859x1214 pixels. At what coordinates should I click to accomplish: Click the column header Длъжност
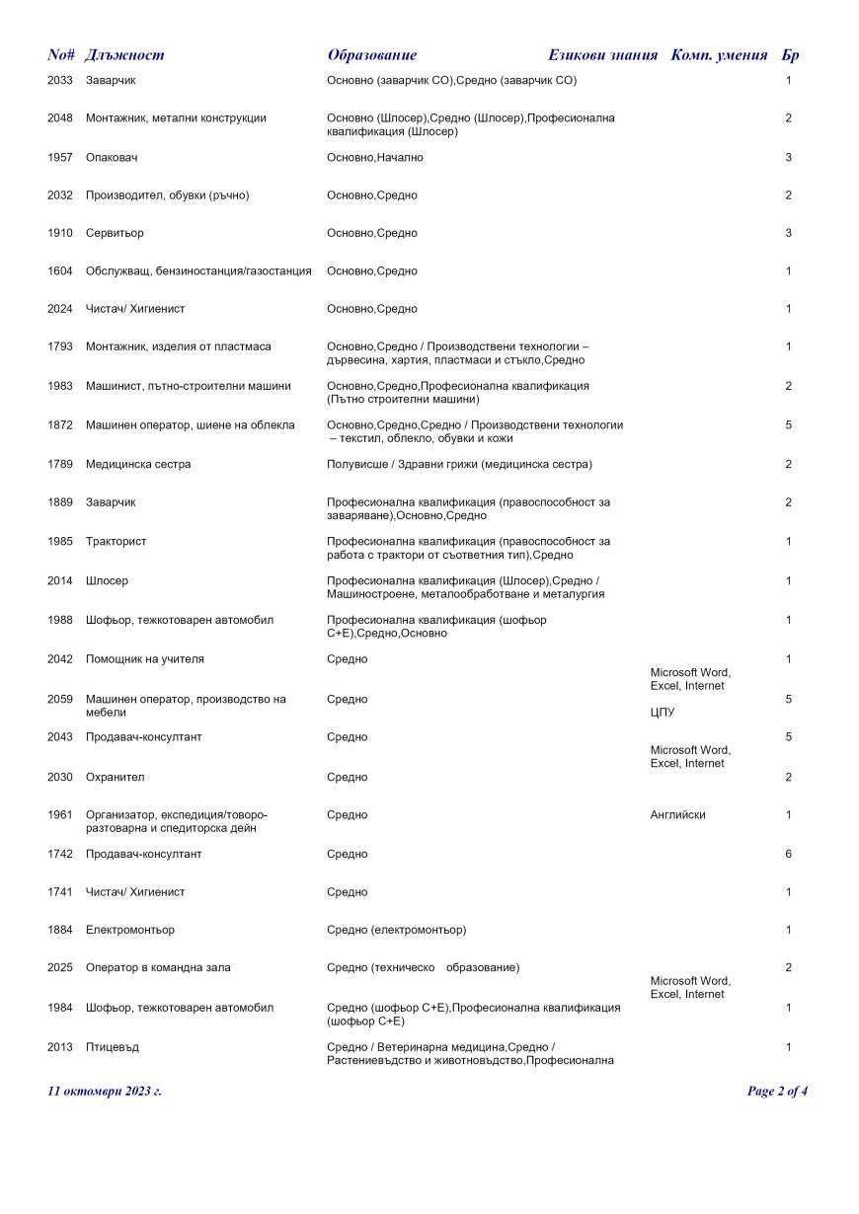point(124,55)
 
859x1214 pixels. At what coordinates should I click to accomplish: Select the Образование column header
point(371,55)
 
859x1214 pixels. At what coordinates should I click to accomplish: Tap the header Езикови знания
point(602,55)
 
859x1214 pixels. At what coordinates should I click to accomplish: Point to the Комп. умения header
point(719,55)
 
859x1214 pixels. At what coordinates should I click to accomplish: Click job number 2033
point(59,80)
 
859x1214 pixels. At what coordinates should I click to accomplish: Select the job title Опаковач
point(112,158)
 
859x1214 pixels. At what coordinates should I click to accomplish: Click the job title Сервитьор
point(115,233)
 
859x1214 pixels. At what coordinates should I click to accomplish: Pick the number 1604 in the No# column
point(59,271)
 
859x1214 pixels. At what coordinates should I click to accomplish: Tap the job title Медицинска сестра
point(138,464)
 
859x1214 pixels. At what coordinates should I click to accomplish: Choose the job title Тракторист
point(116,542)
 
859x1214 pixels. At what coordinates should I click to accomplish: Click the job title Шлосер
point(107,581)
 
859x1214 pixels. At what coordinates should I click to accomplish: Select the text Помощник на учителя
point(145,659)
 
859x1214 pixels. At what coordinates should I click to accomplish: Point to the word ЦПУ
point(662,712)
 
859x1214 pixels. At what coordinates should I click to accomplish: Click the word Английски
point(677,815)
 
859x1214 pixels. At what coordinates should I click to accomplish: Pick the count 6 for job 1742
point(788,854)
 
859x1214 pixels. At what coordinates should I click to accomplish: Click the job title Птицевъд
point(112,1046)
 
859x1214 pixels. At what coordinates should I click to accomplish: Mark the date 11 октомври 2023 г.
point(104,1092)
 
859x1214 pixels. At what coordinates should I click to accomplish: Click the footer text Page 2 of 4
point(777,1092)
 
